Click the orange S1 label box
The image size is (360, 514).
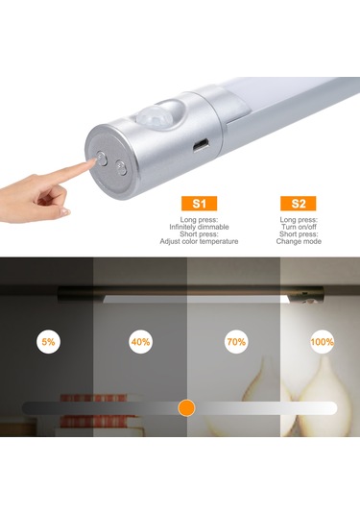click(x=199, y=204)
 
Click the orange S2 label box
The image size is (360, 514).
click(x=299, y=204)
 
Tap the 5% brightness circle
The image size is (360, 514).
click(x=48, y=342)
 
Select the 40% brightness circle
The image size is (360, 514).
click(x=140, y=342)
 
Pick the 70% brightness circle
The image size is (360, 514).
click(x=236, y=342)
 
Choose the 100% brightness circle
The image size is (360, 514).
click(x=322, y=342)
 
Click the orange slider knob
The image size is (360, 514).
click(x=186, y=408)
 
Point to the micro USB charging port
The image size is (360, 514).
click(x=200, y=146)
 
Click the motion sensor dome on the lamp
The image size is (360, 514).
click(x=158, y=113)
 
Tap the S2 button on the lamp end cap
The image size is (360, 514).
click(x=122, y=167)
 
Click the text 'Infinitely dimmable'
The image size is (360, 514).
click(x=199, y=227)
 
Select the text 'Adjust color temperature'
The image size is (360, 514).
click(x=199, y=241)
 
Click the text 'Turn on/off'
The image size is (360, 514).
click(x=299, y=227)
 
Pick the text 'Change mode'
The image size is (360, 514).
click(x=299, y=241)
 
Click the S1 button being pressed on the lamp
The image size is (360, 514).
click(x=102, y=159)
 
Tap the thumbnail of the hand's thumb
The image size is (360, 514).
click(x=65, y=211)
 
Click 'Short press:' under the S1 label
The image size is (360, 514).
click(x=199, y=234)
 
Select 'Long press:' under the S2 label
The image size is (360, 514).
click(x=299, y=220)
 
